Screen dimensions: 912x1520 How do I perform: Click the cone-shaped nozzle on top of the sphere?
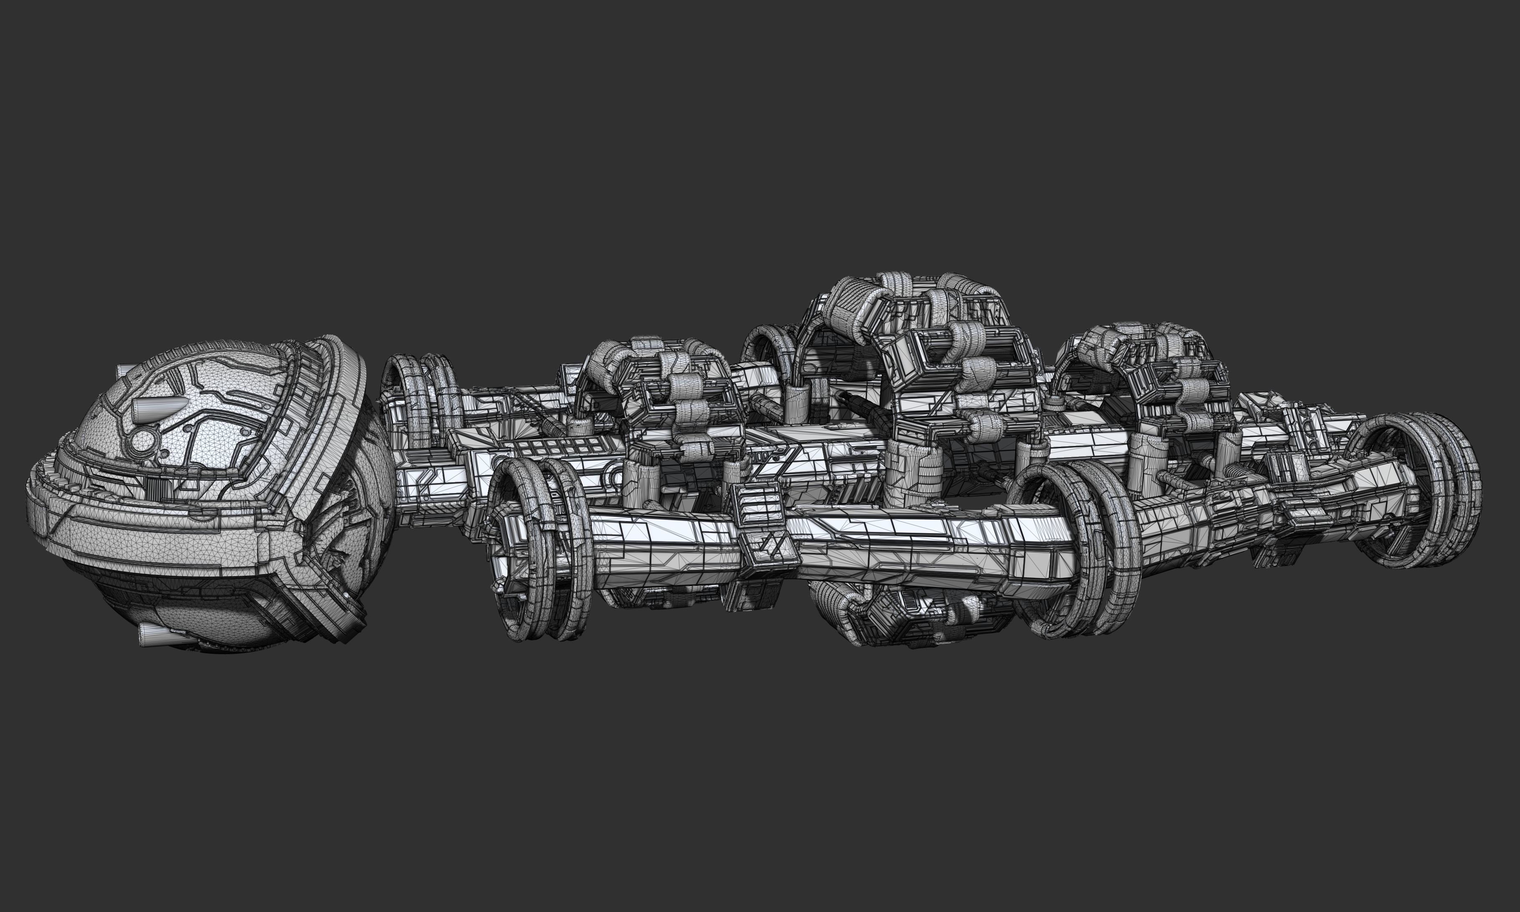click(x=154, y=408)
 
